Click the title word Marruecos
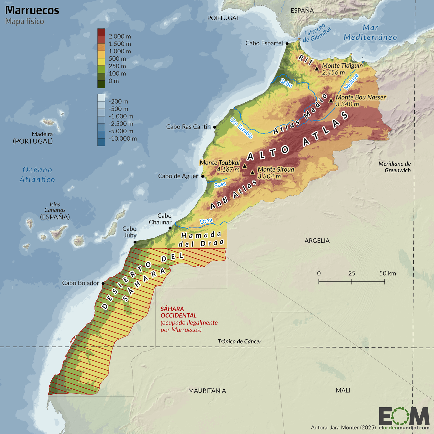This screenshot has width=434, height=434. click(x=32, y=10)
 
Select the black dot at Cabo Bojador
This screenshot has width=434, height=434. click(x=103, y=283)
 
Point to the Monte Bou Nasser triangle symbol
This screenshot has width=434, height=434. click(x=331, y=100)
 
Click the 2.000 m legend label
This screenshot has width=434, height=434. click(x=120, y=36)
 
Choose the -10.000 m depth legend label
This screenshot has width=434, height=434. click(x=123, y=139)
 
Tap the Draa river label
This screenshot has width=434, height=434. click(x=206, y=221)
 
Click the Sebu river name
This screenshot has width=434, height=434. click(x=286, y=83)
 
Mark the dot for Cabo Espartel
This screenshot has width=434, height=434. click(x=287, y=43)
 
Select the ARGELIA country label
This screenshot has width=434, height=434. click(x=317, y=240)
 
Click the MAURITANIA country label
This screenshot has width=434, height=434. click(x=207, y=390)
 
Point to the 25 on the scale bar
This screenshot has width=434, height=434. click(x=352, y=273)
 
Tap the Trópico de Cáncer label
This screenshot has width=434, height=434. click(x=239, y=341)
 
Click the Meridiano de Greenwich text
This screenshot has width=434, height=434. click(x=394, y=167)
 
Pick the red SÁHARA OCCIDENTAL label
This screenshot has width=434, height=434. click(x=179, y=312)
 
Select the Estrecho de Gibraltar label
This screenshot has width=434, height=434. click(x=317, y=33)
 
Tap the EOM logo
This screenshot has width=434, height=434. click(x=404, y=416)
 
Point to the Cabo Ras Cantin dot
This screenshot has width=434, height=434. click(x=215, y=127)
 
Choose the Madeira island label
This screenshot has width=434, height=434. click(x=42, y=134)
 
